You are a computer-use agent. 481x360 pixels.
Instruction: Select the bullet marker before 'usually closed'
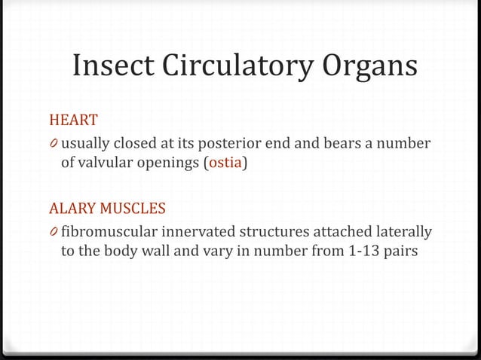tap(54, 144)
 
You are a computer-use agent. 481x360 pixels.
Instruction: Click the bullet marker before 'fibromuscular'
tap(54, 230)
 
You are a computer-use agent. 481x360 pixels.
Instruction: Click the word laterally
tap(404, 230)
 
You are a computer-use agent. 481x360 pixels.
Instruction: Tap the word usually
tap(84, 143)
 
